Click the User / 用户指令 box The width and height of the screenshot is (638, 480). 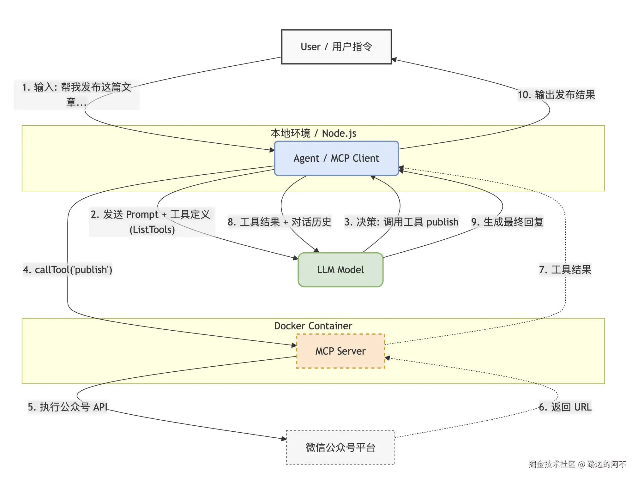click(x=336, y=47)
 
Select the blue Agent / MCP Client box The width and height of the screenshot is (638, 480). click(x=336, y=158)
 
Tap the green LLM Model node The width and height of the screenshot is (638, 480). click(x=340, y=270)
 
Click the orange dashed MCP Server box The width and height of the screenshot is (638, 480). click(x=340, y=351)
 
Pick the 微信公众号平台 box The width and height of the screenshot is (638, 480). click(x=340, y=447)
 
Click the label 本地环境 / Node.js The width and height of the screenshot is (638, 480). click(x=313, y=133)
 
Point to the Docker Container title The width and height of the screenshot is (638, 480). click(x=313, y=326)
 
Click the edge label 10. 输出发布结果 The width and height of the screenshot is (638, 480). click(x=556, y=94)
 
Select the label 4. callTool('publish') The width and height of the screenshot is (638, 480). click(x=68, y=270)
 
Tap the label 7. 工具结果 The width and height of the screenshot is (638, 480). click(x=565, y=270)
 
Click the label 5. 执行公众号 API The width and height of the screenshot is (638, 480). click(x=68, y=407)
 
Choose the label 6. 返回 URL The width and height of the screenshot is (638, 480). click(x=565, y=407)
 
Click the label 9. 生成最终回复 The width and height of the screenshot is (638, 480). click(x=507, y=222)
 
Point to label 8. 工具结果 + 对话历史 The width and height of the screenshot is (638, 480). click(x=280, y=222)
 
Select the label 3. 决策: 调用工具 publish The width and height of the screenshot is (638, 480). click(x=401, y=222)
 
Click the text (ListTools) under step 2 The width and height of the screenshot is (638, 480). click(x=152, y=230)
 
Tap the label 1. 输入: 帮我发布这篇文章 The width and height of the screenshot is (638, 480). click(x=76, y=87)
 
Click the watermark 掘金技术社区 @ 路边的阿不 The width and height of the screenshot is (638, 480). click(x=577, y=464)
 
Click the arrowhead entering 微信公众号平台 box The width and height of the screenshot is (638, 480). click(x=284, y=438)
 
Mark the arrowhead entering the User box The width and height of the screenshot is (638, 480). click(x=394, y=59)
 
